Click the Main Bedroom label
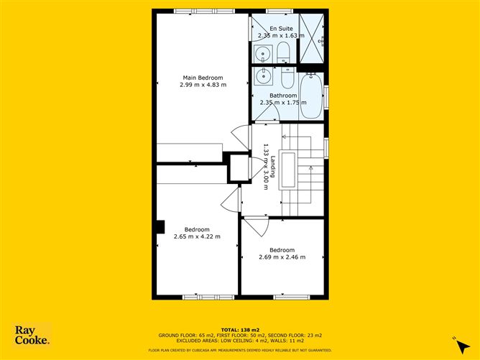tap(203, 78)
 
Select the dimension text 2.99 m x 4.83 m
tap(203, 85)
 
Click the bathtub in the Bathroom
tap(311, 95)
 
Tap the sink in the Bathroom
tap(263, 75)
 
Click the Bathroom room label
tap(283, 96)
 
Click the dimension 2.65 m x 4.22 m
tap(196, 236)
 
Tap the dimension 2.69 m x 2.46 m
tap(282, 257)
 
